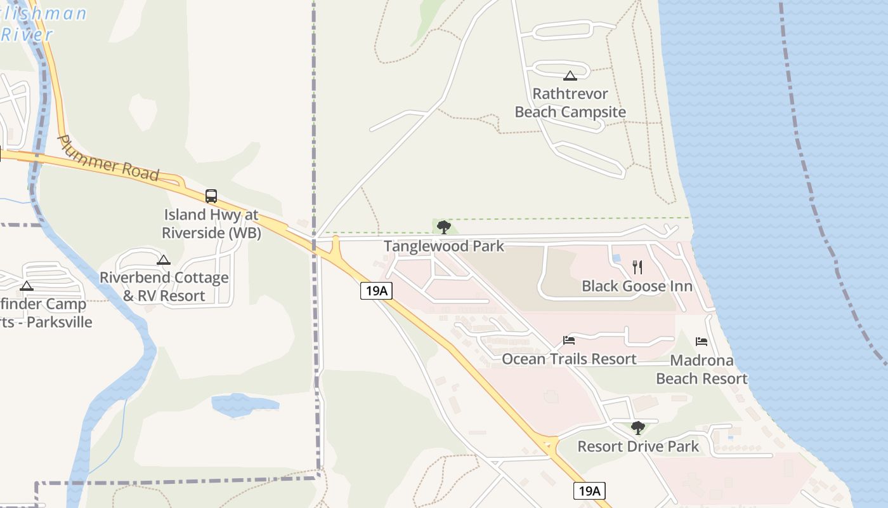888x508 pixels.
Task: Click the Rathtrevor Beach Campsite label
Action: pos(570,103)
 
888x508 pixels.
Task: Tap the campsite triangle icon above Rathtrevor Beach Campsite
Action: pos(570,76)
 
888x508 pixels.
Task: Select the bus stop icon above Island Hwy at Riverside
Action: pos(211,196)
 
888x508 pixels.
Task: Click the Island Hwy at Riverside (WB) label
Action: pos(211,224)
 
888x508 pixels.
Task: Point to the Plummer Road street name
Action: pos(108,157)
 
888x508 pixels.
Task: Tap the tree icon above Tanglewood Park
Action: pos(444,227)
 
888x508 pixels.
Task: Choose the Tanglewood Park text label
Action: pos(444,246)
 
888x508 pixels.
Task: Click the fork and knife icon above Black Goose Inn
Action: pos(637,267)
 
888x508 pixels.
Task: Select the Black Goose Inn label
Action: pos(637,286)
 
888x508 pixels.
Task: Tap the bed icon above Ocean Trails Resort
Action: pos(569,340)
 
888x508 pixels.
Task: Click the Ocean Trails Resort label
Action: pos(569,359)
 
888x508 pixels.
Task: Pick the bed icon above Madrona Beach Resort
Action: pos(702,342)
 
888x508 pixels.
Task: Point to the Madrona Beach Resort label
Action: pos(702,370)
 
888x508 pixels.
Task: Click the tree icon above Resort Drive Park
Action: pos(638,428)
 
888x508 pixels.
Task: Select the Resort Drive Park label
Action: pos(638,446)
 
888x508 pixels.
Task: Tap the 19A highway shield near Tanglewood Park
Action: pos(376,291)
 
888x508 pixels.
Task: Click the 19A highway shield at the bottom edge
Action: pos(589,490)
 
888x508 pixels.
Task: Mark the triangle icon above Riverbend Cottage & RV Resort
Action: pos(164,260)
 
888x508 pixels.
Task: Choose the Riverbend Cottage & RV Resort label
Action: pos(164,286)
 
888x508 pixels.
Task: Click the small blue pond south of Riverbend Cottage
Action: pos(244,404)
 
